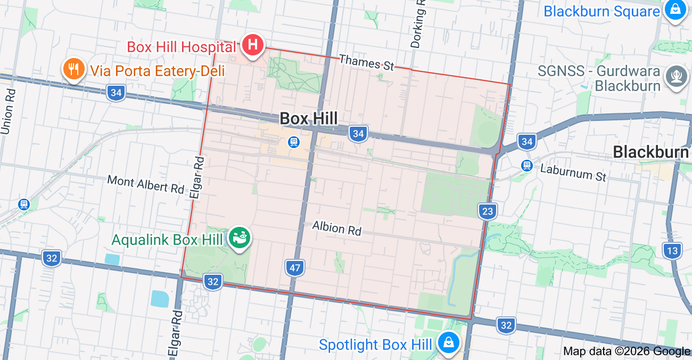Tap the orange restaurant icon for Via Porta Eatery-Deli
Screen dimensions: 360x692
pyautogui.click(x=74, y=69)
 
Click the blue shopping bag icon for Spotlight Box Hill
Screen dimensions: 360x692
pyautogui.click(x=449, y=342)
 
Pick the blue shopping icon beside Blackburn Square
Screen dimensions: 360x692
pyautogui.click(x=675, y=10)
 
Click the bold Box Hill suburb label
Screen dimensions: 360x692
pyautogui.click(x=309, y=118)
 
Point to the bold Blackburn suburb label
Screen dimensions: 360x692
pyautogui.click(x=650, y=152)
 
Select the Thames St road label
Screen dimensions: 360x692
pyautogui.click(x=366, y=62)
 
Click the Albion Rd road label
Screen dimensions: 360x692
pyautogui.click(x=337, y=228)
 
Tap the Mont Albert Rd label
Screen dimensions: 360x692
pyautogui.click(x=145, y=184)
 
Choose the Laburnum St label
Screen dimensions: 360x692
pyautogui.click(x=573, y=173)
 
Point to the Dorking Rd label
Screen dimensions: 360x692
pyautogui.click(x=419, y=24)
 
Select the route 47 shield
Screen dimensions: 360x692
pyautogui.click(x=295, y=267)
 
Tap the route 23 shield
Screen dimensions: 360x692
pyautogui.click(x=487, y=211)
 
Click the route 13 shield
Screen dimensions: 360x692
pyautogui.click(x=672, y=250)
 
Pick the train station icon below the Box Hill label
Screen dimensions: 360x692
pyautogui.click(x=293, y=142)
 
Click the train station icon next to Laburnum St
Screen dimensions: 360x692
pyautogui.click(x=527, y=166)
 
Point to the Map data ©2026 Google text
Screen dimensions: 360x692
pyautogui.click(x=627, y=351)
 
